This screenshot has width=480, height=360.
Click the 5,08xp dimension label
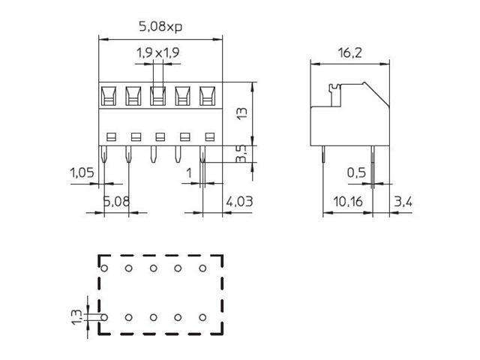pyautogui.click(x=161, y=27)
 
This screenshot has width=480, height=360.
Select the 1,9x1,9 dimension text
pyautogui.click(x=157, y=52)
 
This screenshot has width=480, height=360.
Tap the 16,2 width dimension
pyautogui.click(x=351, y=52)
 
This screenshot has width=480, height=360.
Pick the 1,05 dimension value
pyautogui.click(x=82, y=173)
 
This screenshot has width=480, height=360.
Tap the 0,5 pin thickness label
pyautogui.click(x=356, y=173)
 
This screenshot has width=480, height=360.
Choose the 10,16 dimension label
pyautogui.click(x=347, y=201)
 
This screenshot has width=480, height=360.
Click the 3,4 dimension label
pyautogui.click(x=403, y=201)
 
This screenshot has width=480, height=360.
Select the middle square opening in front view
pyautogui.click(x=157, y=95)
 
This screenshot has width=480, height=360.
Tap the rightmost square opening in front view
pyautogui.click(x=207, y=95)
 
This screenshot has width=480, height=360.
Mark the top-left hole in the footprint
pyautogui.click(x=104, y=268)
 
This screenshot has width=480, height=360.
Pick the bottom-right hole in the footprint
pyautogui.click(x=202, y=317)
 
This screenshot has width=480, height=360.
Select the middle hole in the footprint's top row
pyautogui.click(x=153, y=268)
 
